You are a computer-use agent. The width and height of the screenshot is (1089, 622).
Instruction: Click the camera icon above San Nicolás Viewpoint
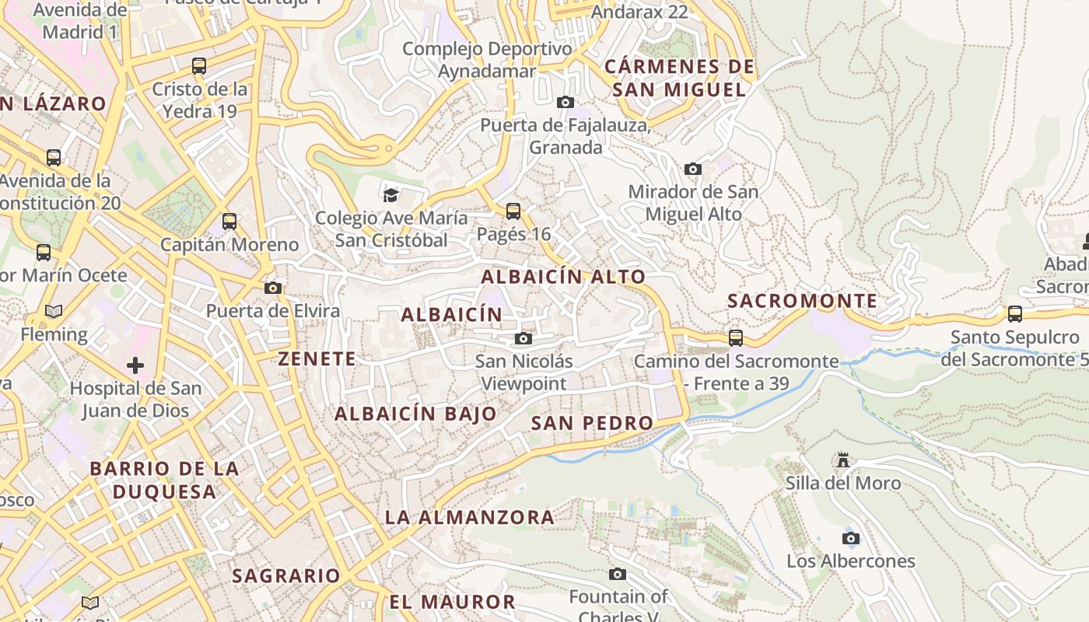pos(523,338)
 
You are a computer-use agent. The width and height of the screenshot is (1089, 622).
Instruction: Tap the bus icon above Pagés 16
pos(513,211)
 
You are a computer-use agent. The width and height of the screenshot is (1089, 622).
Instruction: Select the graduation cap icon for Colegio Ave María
pos(390,194)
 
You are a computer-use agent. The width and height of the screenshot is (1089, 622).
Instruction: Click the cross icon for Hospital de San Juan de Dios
pos(135,365)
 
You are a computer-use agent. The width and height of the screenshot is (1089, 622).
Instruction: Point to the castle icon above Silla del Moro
pos(842,460)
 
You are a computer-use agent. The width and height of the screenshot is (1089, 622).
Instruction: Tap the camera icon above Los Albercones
pos(850,538)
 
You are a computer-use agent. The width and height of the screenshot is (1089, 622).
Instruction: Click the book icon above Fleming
pos(53,312)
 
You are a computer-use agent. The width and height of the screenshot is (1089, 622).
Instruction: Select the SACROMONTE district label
pos(802,301)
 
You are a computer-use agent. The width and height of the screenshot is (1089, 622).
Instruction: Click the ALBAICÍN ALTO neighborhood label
pos(563,277)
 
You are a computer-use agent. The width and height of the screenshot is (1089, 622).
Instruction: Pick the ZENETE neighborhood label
pos(317,358)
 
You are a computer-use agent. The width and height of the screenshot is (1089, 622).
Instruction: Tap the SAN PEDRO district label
pos(592,423)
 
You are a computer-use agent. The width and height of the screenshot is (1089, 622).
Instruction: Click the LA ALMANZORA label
pos(470,517)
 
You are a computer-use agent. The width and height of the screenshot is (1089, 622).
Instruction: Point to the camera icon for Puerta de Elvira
pos(272,288)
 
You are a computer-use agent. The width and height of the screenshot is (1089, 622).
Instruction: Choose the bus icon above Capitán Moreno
pos(229,222)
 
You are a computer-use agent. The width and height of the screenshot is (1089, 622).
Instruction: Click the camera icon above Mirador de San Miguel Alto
pos(692,169)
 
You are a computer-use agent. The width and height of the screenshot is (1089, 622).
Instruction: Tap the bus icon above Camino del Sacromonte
pos(735,338)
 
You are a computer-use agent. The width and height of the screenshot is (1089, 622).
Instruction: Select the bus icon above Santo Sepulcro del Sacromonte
pos(1014,314)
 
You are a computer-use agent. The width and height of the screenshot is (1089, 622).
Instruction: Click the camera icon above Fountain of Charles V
pos(618,574)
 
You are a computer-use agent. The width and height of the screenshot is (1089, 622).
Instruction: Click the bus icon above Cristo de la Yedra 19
pos(199,66)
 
